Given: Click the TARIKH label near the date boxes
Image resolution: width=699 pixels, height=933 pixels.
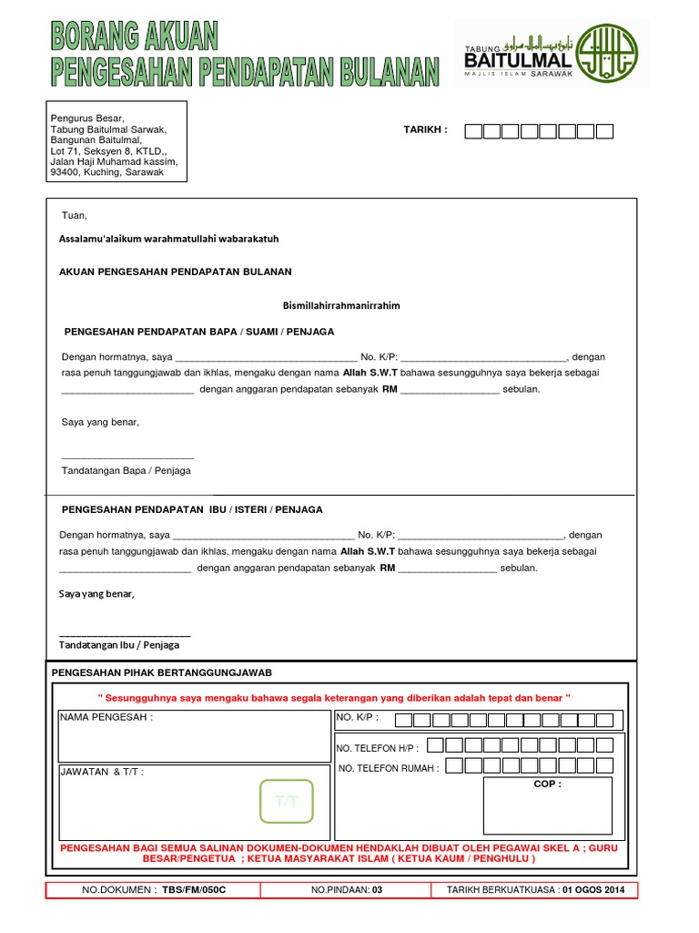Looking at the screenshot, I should click(426, 129).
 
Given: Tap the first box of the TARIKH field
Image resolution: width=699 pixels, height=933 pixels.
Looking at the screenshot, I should click(473, 131).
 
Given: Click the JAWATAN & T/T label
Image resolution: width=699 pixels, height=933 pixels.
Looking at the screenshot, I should click(101, 772).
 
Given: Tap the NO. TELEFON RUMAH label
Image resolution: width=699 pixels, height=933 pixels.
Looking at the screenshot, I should click(389, 769).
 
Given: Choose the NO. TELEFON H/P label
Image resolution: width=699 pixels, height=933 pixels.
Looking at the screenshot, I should click(378, 748).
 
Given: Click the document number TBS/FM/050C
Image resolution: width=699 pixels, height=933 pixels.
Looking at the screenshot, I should click(194, 890).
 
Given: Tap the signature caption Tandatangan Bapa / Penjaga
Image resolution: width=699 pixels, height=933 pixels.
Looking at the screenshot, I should click(126, 471).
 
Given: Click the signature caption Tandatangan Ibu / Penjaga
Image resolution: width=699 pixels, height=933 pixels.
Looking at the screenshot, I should click(119, 644).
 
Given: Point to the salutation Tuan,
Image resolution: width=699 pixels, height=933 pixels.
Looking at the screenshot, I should click(74, 216).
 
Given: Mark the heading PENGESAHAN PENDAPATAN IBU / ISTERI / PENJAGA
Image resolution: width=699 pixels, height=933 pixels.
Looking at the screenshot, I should click(191, 509).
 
